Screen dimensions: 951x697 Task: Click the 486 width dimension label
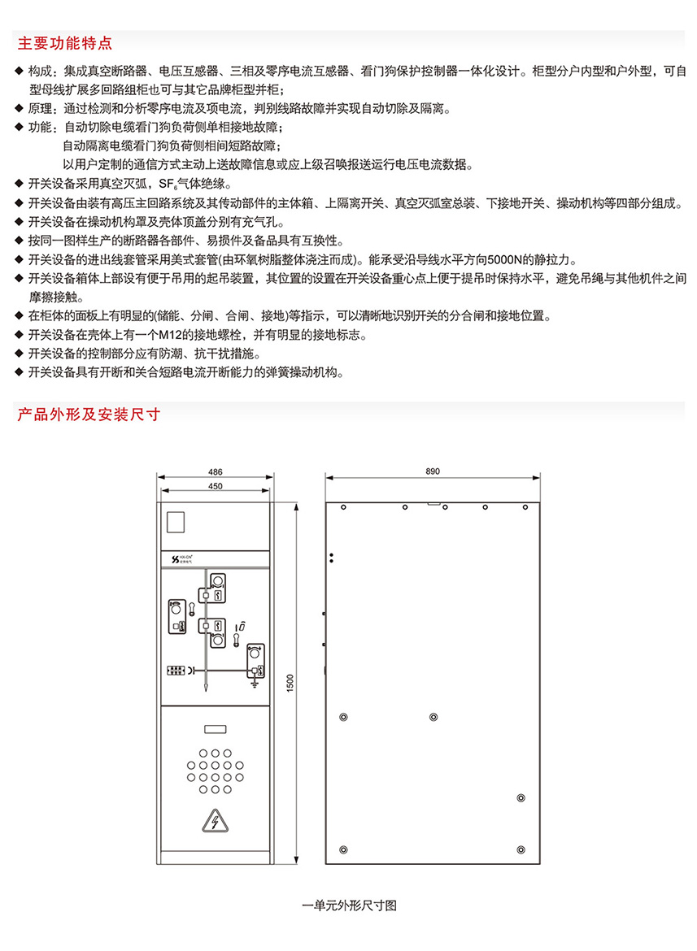tap(216, 471)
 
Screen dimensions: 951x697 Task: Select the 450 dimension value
tap(216, 487)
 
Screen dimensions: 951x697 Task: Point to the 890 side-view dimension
tap(432, 471)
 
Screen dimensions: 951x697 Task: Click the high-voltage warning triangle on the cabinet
tap(214, 823)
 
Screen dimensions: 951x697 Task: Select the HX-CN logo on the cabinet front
tap(183, 559)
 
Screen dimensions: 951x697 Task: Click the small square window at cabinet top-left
tap(176, 522)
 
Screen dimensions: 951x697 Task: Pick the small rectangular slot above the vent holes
tap(214, 730)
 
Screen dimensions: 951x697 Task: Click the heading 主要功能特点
tap(65, 41)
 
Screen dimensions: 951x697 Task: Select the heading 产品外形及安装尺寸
tap(89, 414)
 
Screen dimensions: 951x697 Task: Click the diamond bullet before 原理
tap(20, 108)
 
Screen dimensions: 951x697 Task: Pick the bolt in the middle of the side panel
tap(433, 717)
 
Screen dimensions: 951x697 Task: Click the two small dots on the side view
tap(332, 558)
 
